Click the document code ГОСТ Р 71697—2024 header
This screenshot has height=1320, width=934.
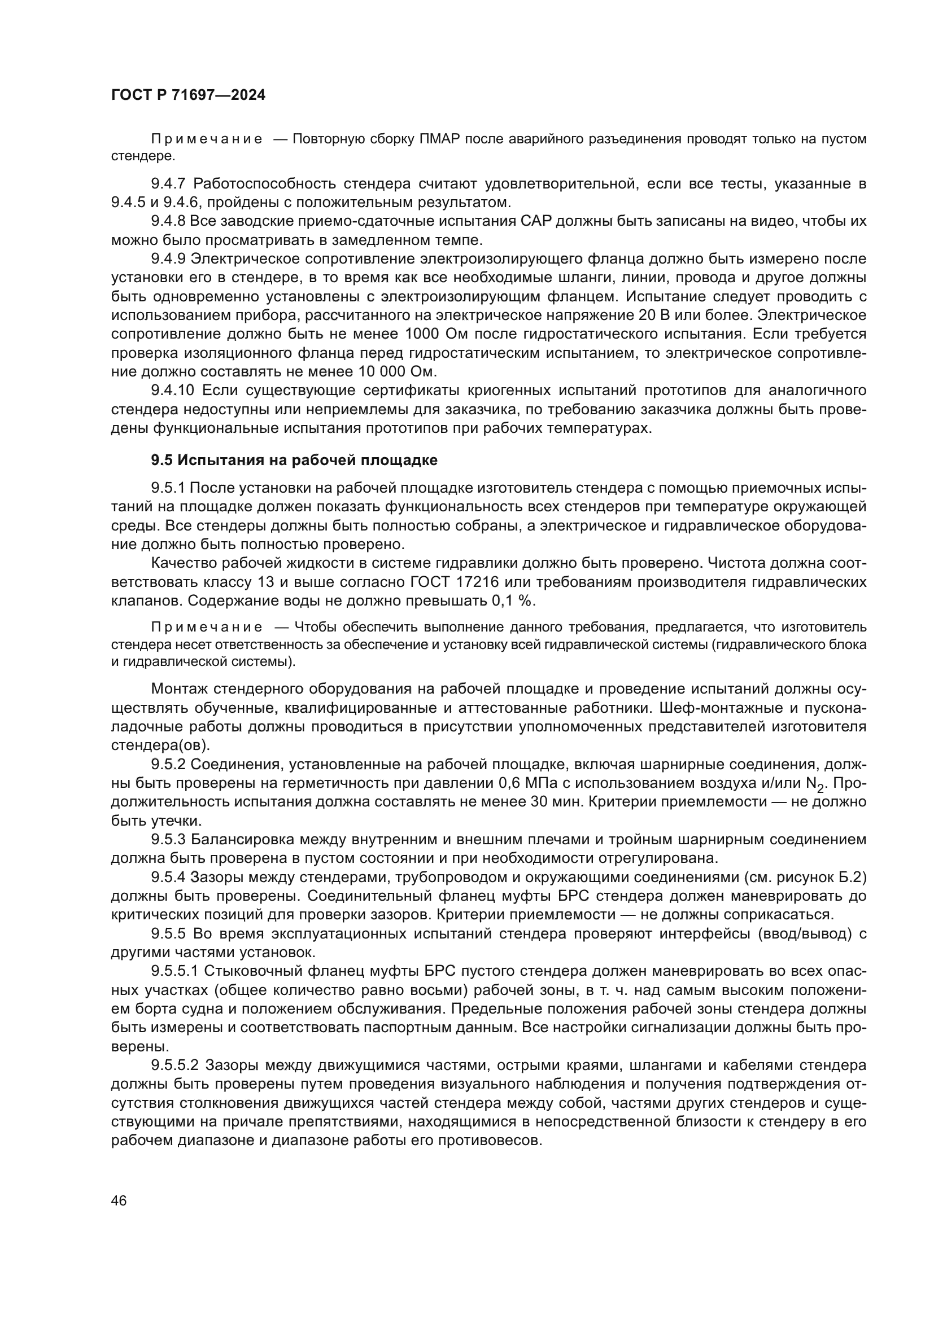click(188, 95)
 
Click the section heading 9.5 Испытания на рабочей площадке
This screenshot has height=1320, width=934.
click(294, 460)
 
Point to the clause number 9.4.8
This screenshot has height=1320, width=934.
click(168, 221)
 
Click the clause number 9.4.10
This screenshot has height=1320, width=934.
click(173, 391)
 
